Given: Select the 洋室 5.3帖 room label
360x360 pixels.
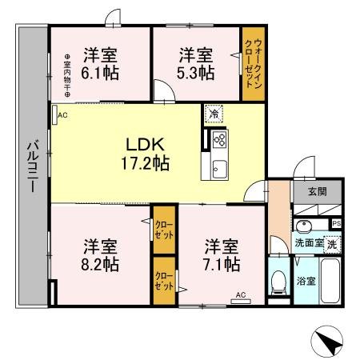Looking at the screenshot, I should coord(196,63).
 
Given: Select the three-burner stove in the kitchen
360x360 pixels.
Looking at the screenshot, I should coord(220,139).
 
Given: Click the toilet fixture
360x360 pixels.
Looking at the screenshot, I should coord(278,282).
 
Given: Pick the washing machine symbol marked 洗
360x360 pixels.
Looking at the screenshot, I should coord(331,242).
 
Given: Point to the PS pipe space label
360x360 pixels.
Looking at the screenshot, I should coord(337,223).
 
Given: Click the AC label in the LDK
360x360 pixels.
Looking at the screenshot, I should coord(62,114).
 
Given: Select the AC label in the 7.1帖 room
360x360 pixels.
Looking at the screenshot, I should coord(239,295).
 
